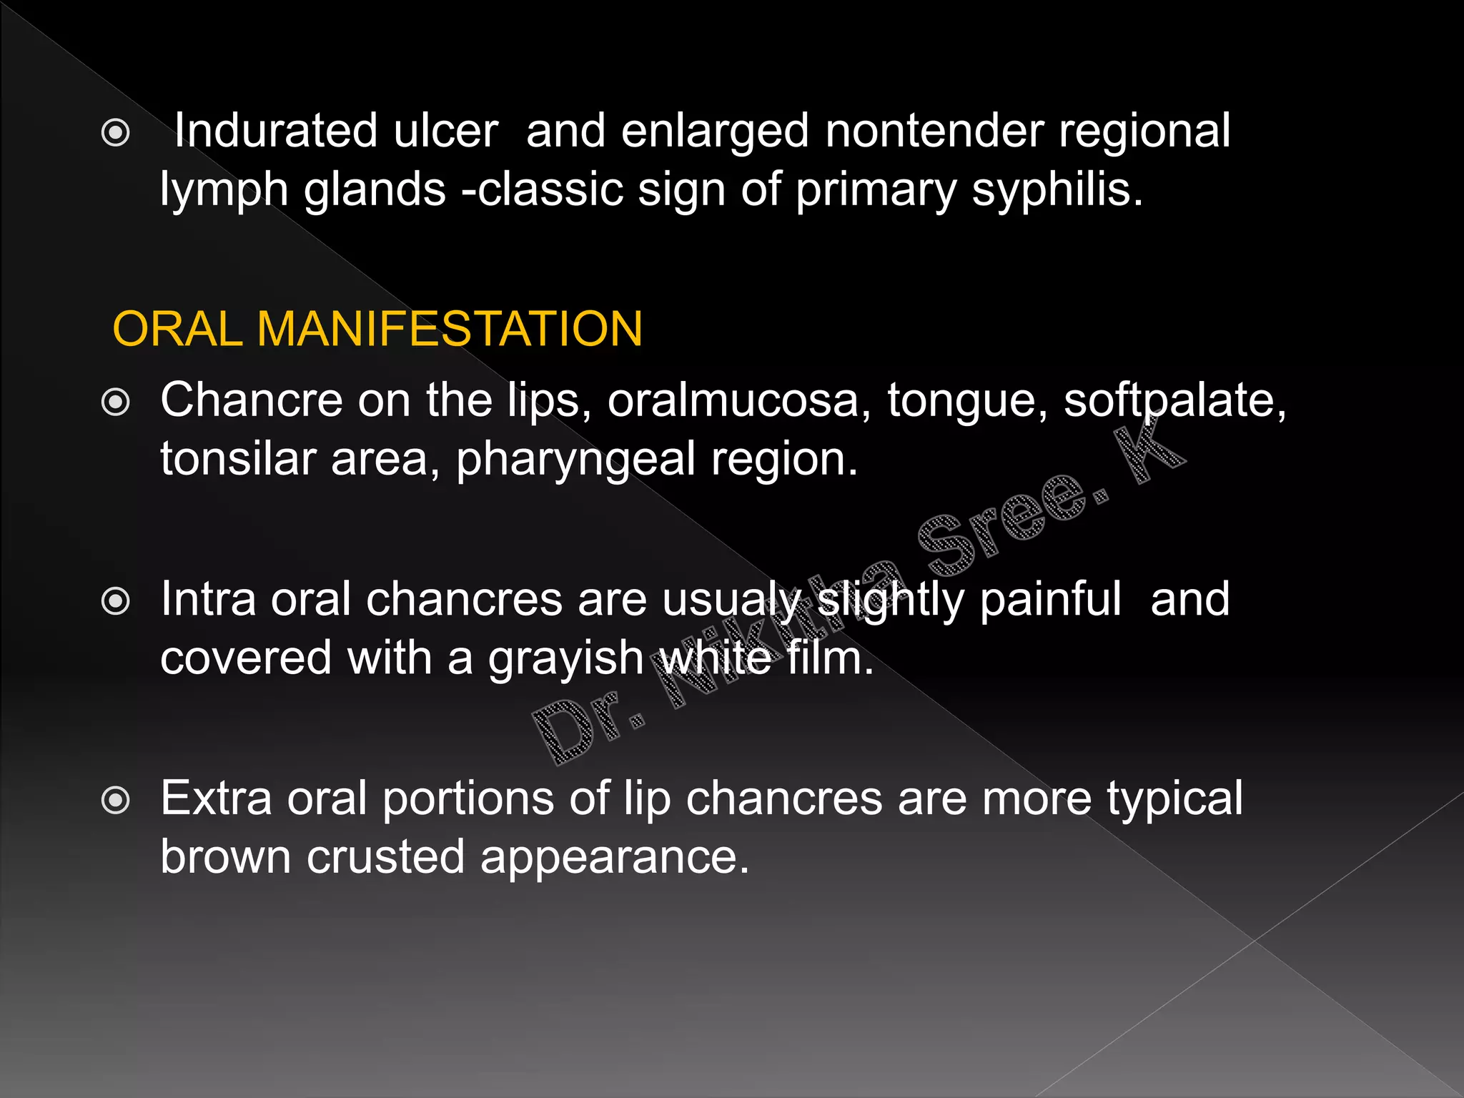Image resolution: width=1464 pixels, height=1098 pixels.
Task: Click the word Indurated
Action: (x=275, y=132)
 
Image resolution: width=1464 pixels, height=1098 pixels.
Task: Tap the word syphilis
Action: (x=1058, y=191)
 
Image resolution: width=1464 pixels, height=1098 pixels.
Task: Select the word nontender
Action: (x=934, y=132)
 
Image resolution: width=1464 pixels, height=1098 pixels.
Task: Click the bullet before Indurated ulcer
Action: (x=116, y=133)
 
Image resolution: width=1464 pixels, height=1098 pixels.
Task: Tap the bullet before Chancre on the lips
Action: (x=116, y=402)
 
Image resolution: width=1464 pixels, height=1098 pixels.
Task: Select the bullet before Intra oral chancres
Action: (x=116, y=601)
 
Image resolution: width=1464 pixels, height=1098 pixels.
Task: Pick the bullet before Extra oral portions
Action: (x=116, y=800)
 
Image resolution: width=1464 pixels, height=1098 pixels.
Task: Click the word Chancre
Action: (x=251, y=400)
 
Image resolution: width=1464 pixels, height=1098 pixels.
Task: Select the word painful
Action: (x=1050, y=599)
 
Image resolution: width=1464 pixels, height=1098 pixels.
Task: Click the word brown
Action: (x=225, y=856)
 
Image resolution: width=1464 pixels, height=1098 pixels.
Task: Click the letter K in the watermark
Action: (x=1149, y=449)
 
